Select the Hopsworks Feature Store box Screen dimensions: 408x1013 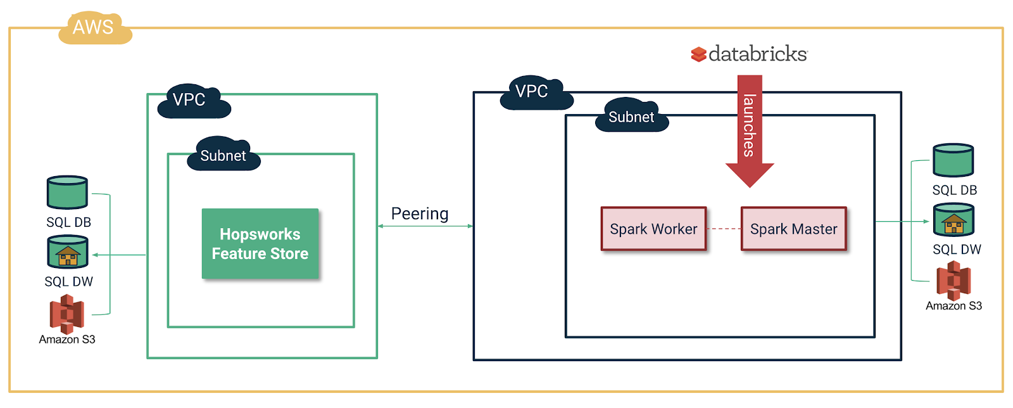260,244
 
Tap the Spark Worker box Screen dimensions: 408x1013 653,229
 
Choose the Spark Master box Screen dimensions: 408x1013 793,229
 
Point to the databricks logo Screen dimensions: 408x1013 750,54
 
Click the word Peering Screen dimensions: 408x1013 420,214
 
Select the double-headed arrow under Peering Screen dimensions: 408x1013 425,226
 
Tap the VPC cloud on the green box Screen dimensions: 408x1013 192,101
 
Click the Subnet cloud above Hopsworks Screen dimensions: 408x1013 223,155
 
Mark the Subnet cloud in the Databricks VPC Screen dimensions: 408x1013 631,116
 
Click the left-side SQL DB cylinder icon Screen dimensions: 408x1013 67,193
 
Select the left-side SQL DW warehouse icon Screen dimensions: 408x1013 68,252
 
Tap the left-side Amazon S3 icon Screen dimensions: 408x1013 67,314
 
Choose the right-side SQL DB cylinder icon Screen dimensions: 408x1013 953,160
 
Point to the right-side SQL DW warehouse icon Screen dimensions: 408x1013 953,220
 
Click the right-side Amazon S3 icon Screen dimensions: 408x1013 953,280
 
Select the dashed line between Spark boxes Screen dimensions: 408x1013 724,229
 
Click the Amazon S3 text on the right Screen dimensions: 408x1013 953,306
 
